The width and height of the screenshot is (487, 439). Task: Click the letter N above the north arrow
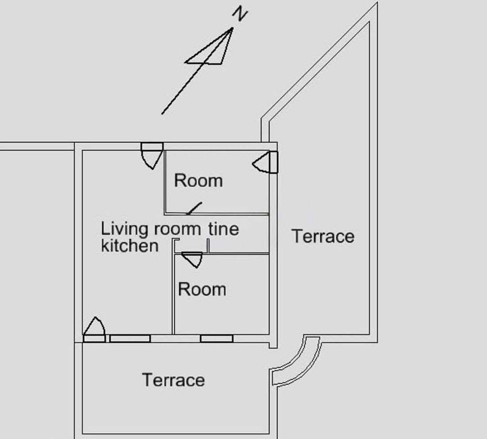coord(240,14)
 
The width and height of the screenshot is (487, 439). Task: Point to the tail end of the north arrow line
coord(162,114)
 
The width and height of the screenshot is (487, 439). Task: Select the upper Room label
coord(198,181)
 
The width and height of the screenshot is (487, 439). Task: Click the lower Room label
coord(202,289)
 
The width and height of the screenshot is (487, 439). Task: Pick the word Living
coord(124,229)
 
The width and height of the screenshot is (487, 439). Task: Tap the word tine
coord(223,229)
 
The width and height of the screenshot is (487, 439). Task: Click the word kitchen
coord(130,246)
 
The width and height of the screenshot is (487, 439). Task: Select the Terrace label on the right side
coord(323,236)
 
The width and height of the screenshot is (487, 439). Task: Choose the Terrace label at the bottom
coord(173,380)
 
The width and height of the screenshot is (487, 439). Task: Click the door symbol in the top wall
coord(152,155)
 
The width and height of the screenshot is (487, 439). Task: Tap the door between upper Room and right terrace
coord(265,162)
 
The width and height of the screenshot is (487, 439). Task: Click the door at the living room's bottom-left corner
coord(94,330)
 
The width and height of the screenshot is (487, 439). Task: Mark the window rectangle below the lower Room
coord(217,338)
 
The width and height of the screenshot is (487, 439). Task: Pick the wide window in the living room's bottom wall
coord(130,338)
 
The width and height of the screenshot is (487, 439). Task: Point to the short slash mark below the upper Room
coord(194,208)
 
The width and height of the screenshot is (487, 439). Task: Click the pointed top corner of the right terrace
coord(377,3)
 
